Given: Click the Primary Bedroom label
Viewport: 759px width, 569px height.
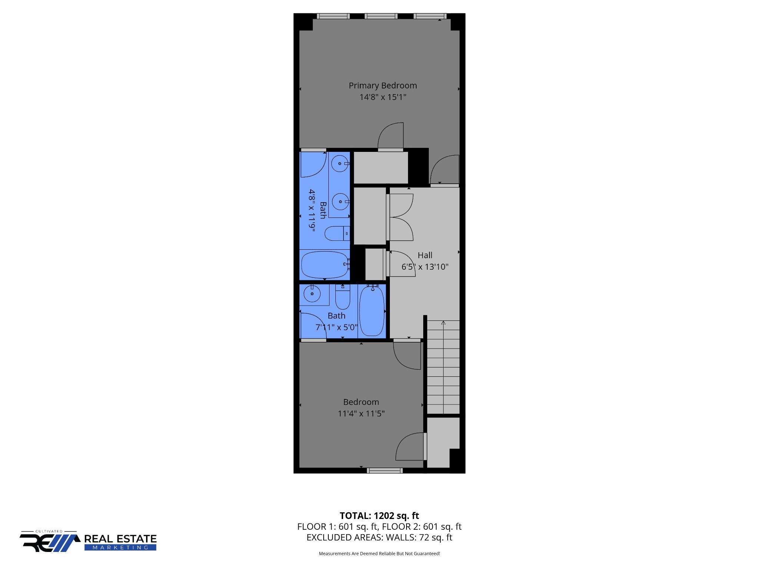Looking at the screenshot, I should [382, 86].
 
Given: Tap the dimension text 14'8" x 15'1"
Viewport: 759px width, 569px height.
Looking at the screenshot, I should [382, 97].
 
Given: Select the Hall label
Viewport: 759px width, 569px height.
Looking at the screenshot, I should [425, 255].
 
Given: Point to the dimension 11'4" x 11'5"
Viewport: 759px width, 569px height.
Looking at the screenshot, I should [361, 413].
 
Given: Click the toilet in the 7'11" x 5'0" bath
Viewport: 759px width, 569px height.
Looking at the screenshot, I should [342, 297].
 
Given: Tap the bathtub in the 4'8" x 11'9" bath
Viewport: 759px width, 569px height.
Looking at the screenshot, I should [324, 264].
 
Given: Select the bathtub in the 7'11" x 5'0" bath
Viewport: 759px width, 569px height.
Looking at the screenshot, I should [372, 310].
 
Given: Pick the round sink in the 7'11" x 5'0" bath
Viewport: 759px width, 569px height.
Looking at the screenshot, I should [312, 294].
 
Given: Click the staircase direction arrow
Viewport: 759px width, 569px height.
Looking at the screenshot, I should [443, 323].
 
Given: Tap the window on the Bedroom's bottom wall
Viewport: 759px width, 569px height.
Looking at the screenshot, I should [385, 470].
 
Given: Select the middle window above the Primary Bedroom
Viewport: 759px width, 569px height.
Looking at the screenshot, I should [381, 16].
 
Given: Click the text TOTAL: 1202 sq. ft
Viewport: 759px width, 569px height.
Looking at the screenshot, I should [379, 516].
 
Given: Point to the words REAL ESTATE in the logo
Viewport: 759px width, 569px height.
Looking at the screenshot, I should [120, 539].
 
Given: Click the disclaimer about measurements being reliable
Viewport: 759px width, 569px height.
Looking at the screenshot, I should [379, 553].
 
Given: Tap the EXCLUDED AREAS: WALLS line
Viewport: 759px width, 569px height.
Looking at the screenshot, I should [379, 537].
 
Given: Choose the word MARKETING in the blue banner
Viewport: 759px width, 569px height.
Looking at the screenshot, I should [120, 548].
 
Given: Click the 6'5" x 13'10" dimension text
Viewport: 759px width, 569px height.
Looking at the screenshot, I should [425, 267].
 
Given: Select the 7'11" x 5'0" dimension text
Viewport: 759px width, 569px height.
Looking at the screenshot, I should [337, 327].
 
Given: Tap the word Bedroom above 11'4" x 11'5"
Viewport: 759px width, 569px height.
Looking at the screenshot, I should [361, 402].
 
